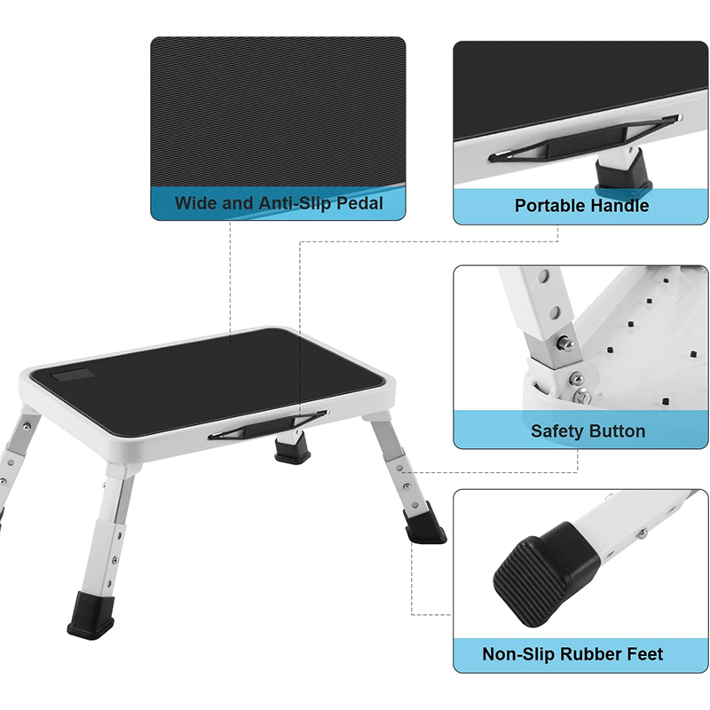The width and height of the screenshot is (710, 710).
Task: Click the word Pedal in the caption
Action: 359,203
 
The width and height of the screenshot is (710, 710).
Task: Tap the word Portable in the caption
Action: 551,206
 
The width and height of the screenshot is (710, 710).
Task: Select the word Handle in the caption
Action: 619,206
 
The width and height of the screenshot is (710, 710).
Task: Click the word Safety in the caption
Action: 558,431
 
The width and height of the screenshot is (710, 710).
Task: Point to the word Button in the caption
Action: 617,431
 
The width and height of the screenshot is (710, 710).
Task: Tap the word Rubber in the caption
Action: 593,655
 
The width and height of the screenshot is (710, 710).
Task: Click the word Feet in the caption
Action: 643,655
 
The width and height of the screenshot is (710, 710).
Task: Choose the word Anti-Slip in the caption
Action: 294,203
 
